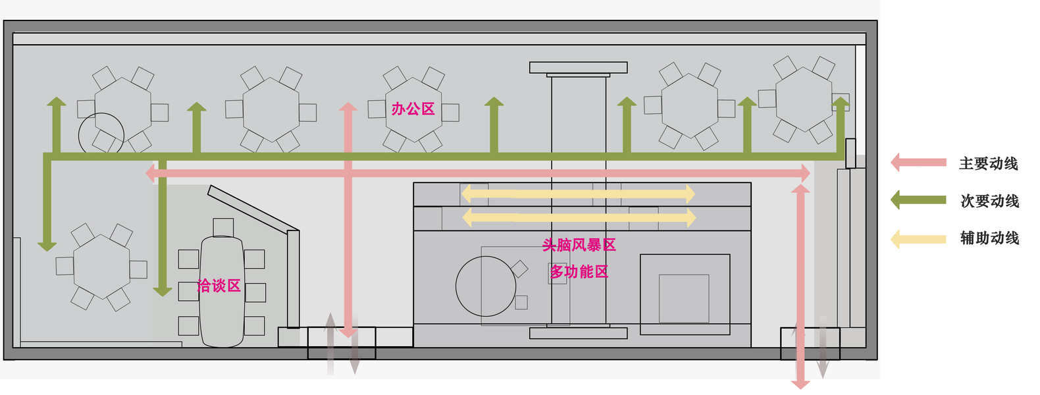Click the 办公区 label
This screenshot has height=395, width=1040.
[413, 109]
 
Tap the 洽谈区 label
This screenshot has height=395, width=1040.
[219, 286]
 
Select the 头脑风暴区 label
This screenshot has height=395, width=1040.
[579, 246]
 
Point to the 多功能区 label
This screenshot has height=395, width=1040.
[579, 272]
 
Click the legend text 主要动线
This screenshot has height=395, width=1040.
[988, 164]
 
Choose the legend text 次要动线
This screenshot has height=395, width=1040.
[989, 201]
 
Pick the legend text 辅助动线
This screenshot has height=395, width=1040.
[989, 238]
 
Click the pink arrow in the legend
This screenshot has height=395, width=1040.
[918, 163]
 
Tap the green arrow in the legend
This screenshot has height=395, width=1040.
[918, 200]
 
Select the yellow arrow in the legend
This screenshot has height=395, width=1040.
[918, 238]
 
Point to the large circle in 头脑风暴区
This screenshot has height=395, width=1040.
[486, 286]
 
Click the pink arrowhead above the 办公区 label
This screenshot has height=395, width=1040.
[348, 107]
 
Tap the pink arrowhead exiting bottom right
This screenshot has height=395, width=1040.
[800, 384]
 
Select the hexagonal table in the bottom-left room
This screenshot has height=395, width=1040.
[101, 267]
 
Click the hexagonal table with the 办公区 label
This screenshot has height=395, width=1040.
[413, 109]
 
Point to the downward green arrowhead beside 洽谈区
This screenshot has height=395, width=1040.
[162, 291]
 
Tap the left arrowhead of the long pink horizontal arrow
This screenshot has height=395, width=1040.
[149, 173]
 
